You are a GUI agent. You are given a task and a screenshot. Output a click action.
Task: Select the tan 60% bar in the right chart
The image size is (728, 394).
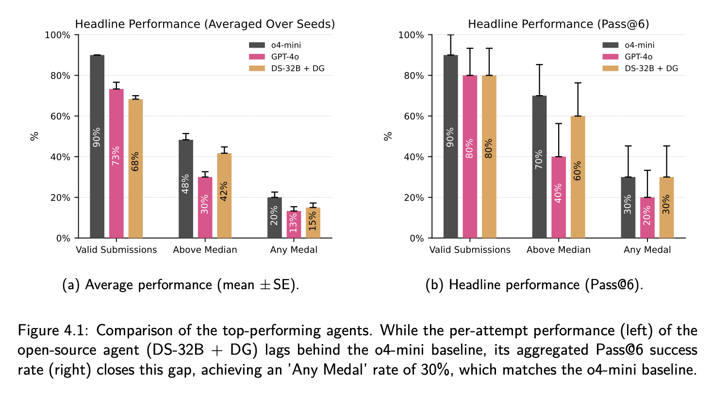pos(578,177)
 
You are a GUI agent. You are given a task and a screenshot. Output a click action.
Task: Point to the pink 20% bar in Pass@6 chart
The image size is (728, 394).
pos(647,217)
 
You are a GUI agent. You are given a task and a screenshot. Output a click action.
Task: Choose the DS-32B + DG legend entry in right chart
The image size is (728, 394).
pos(640,68)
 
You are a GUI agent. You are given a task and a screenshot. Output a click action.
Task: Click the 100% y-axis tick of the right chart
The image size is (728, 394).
pos(411,35)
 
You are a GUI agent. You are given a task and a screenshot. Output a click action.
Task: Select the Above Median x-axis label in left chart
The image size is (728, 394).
pos(205,250)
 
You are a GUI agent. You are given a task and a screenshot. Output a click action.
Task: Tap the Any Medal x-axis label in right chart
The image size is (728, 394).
pos(647,250)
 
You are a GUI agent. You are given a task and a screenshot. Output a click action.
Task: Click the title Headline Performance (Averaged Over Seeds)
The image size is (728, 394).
pos(204,24)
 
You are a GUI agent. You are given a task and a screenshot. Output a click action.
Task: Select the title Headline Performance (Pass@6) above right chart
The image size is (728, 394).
pos(558,24)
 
